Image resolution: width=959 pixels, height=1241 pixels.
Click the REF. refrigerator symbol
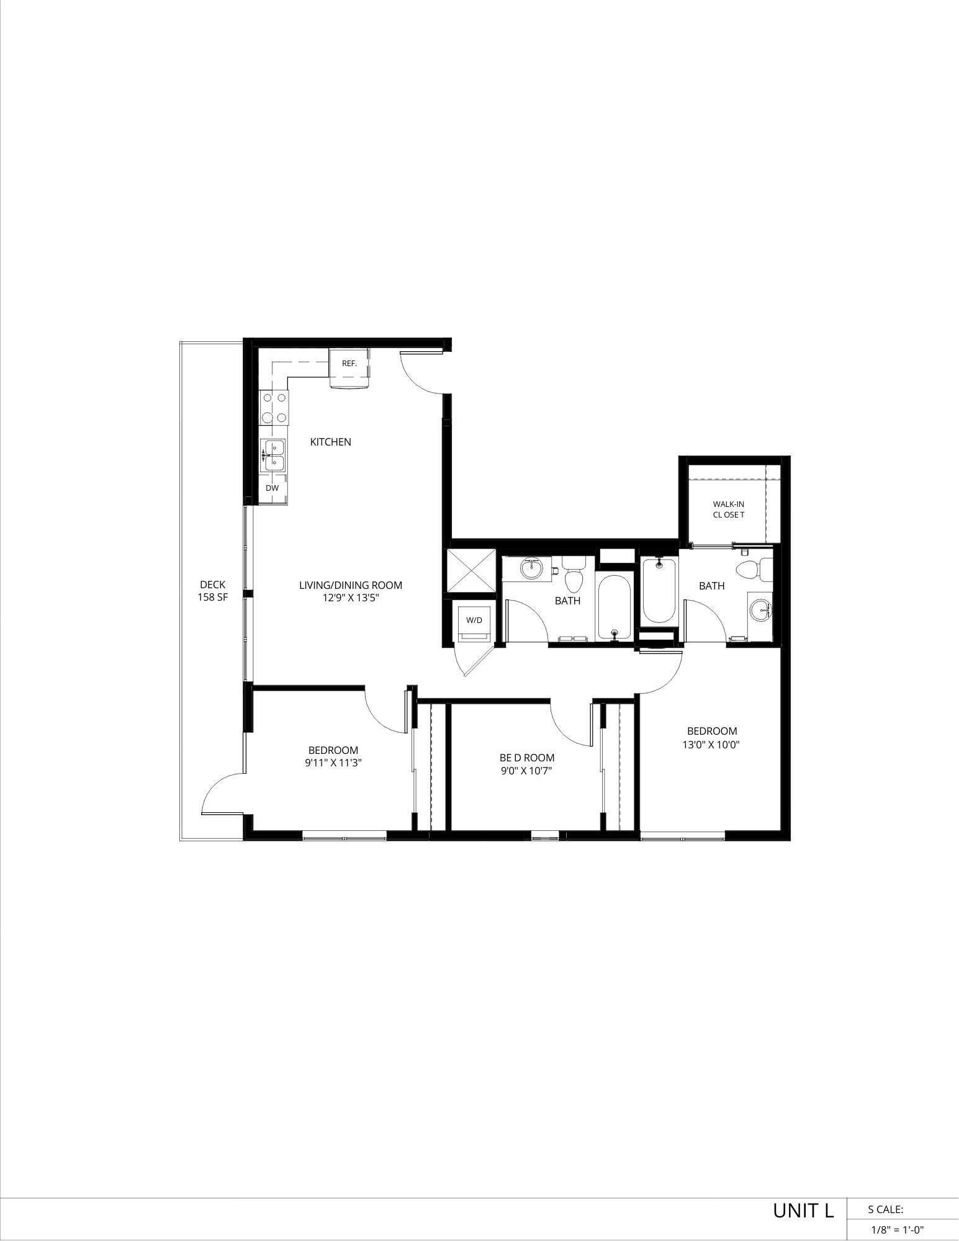coord(349,367)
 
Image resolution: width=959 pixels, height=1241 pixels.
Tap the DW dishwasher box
coord(272,488)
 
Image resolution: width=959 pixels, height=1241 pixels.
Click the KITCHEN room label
coord(330,442)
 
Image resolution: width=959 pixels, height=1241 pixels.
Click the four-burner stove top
coord(274,408)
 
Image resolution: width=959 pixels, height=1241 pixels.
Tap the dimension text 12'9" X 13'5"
coord(351,598)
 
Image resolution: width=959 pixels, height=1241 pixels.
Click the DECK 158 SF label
coord(212,591)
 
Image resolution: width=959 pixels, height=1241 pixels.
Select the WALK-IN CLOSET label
coord(728,509)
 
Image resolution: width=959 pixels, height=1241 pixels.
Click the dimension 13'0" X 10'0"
coord(711,744)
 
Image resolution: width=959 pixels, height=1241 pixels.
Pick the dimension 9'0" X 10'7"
coord(526,771)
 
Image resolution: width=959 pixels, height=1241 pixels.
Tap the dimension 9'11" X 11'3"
coord(333,763)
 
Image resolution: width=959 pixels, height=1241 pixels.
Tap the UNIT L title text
coord(803,1211)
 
